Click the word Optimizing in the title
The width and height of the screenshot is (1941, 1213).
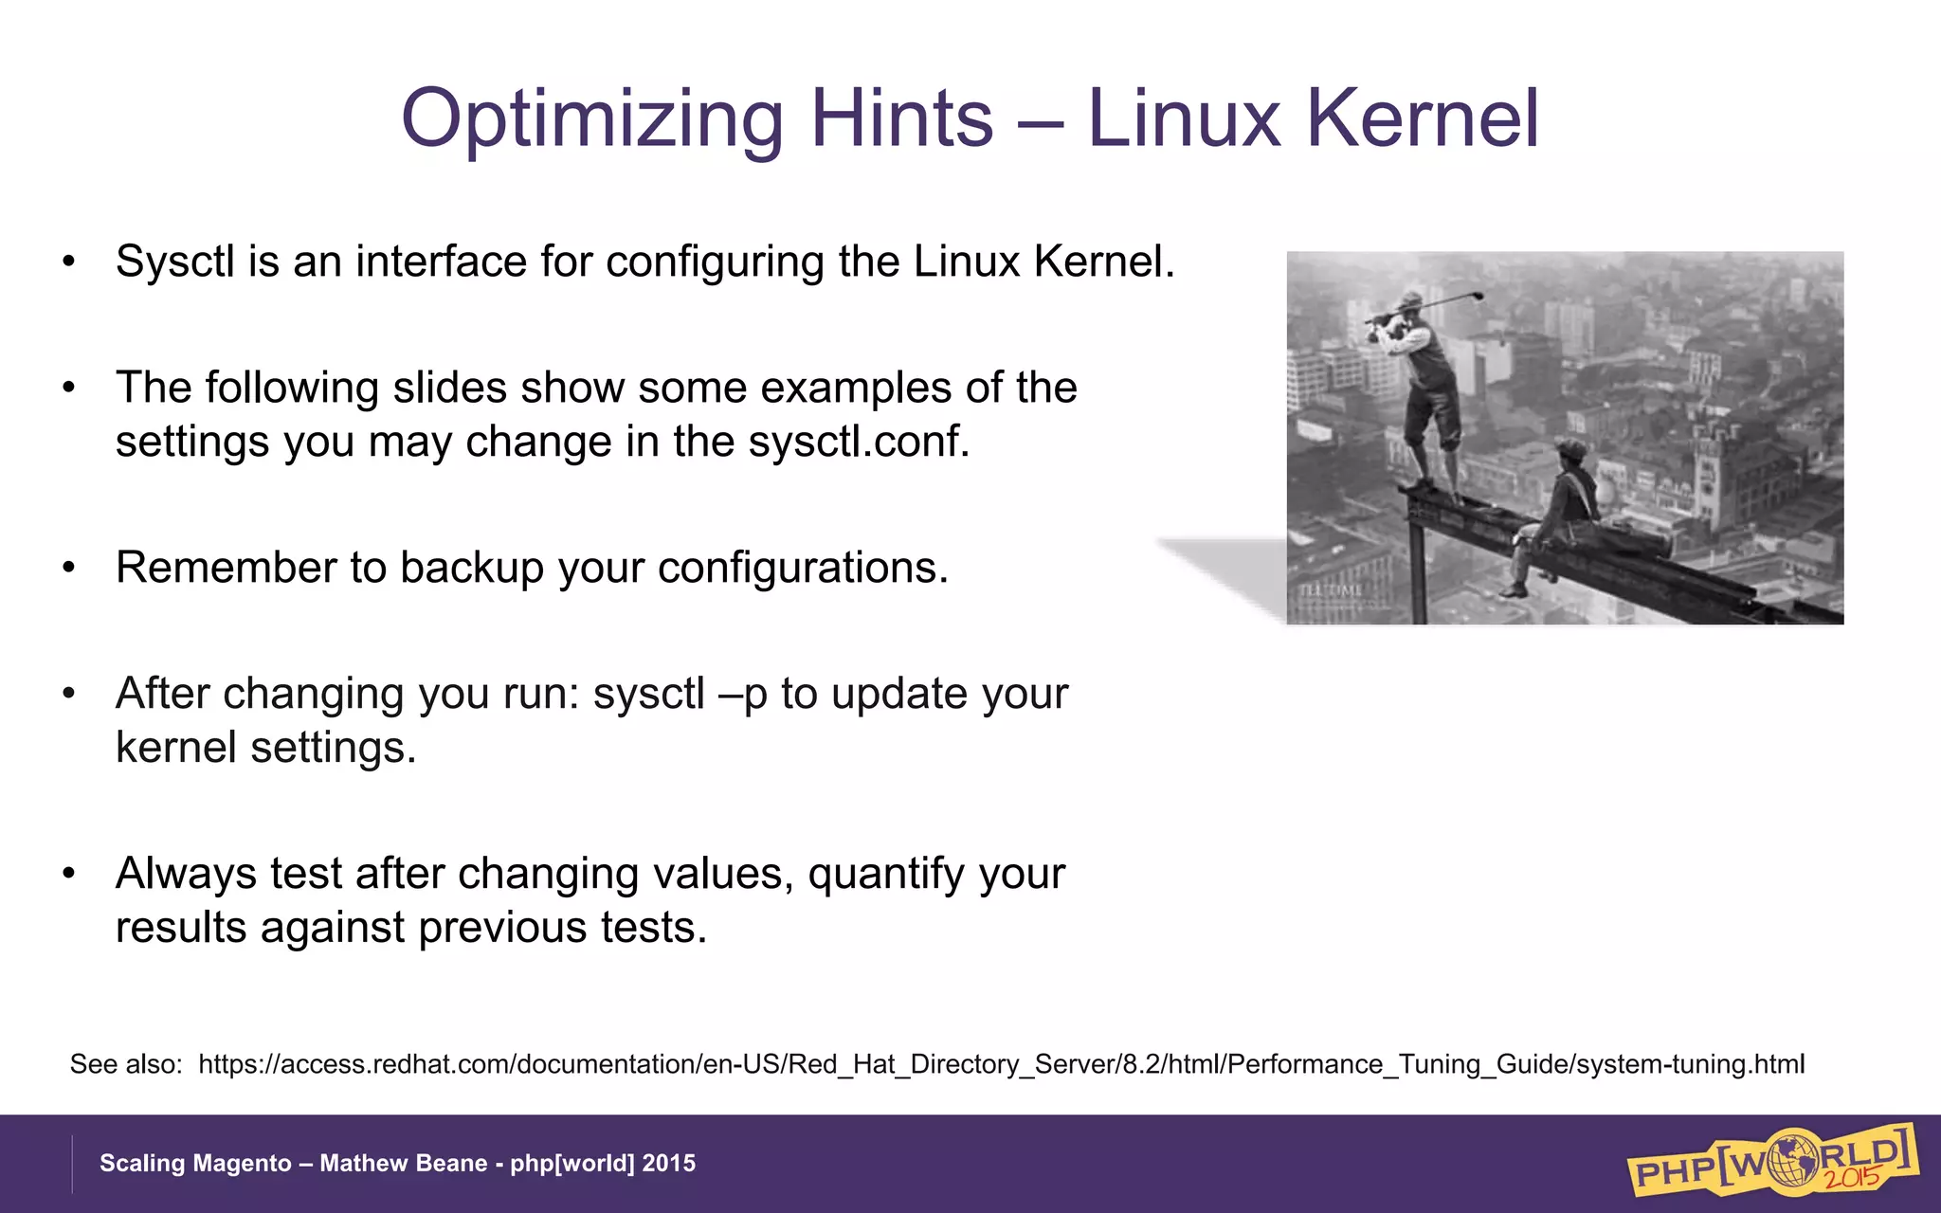click(591, 120)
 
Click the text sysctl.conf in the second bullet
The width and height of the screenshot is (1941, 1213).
click(859, 442)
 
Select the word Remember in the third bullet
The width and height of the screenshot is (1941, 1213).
click(226, 568)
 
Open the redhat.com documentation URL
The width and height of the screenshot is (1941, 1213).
click(1001, 1064)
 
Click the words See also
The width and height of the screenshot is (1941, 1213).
click(125, 1064)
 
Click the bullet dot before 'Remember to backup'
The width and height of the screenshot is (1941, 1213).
click(68, 569)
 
